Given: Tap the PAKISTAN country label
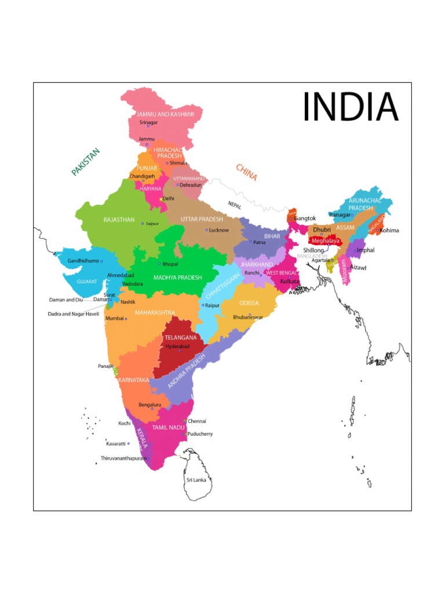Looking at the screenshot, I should [x=86, y=162].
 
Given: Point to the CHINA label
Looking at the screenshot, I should [x=246, y=172].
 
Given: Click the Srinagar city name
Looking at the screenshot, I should [x=149, y=122].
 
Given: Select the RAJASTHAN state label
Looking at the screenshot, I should [x=119, y=220].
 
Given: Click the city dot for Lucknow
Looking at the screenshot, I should [x=206, y=230].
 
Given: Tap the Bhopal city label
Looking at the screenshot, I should [x=170, y=264].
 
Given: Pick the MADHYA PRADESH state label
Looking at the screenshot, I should [x=177, y=278].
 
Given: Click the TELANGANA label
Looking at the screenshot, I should [x=180, y=337].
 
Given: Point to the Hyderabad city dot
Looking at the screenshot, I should [x=179, y=351].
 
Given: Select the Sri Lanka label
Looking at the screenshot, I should [x=196, y=480].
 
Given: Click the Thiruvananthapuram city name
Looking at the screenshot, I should [x=123, y=458].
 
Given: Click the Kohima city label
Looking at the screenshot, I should [x=389, y=230].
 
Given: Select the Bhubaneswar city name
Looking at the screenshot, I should [x=248, y=317].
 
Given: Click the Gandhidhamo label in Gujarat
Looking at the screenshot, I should [x=83, y=261].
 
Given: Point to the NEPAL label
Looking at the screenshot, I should [x=235, y=205].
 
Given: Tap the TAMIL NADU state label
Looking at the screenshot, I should [x=167, y=427].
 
